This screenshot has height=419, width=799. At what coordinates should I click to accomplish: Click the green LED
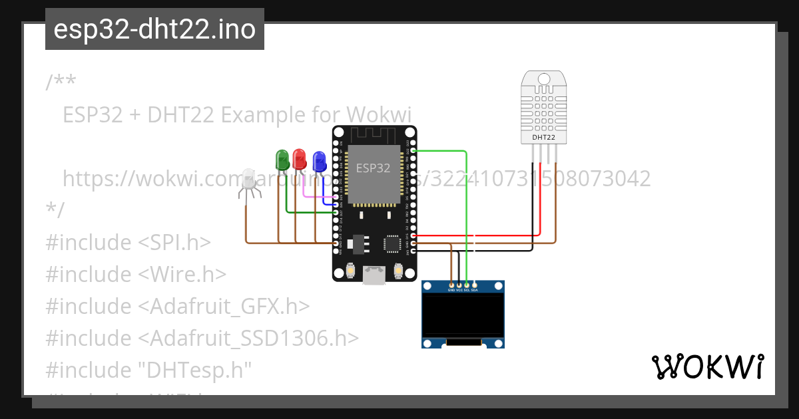point(282,160)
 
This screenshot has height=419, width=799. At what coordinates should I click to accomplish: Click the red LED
point(300,159)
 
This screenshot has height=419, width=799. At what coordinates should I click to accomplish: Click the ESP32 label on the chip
point(373,168)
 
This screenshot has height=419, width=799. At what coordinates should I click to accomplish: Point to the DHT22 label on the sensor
point(543,138)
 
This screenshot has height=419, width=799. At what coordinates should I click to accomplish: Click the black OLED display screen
point(463,315)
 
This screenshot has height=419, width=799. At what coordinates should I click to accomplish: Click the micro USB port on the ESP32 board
point(374,275)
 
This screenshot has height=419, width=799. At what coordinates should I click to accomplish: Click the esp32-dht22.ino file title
point(154,29)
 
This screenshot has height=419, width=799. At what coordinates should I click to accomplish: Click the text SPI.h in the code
point(180,242)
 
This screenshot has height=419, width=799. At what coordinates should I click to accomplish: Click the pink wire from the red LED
point(313,196)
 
